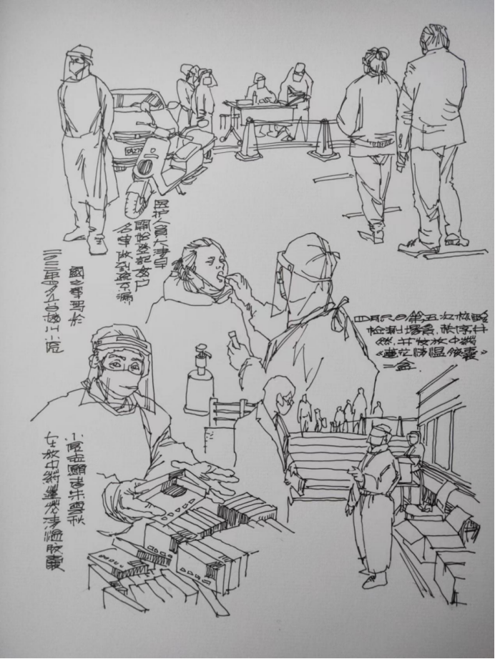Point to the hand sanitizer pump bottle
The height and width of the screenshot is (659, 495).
click(197, 382)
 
